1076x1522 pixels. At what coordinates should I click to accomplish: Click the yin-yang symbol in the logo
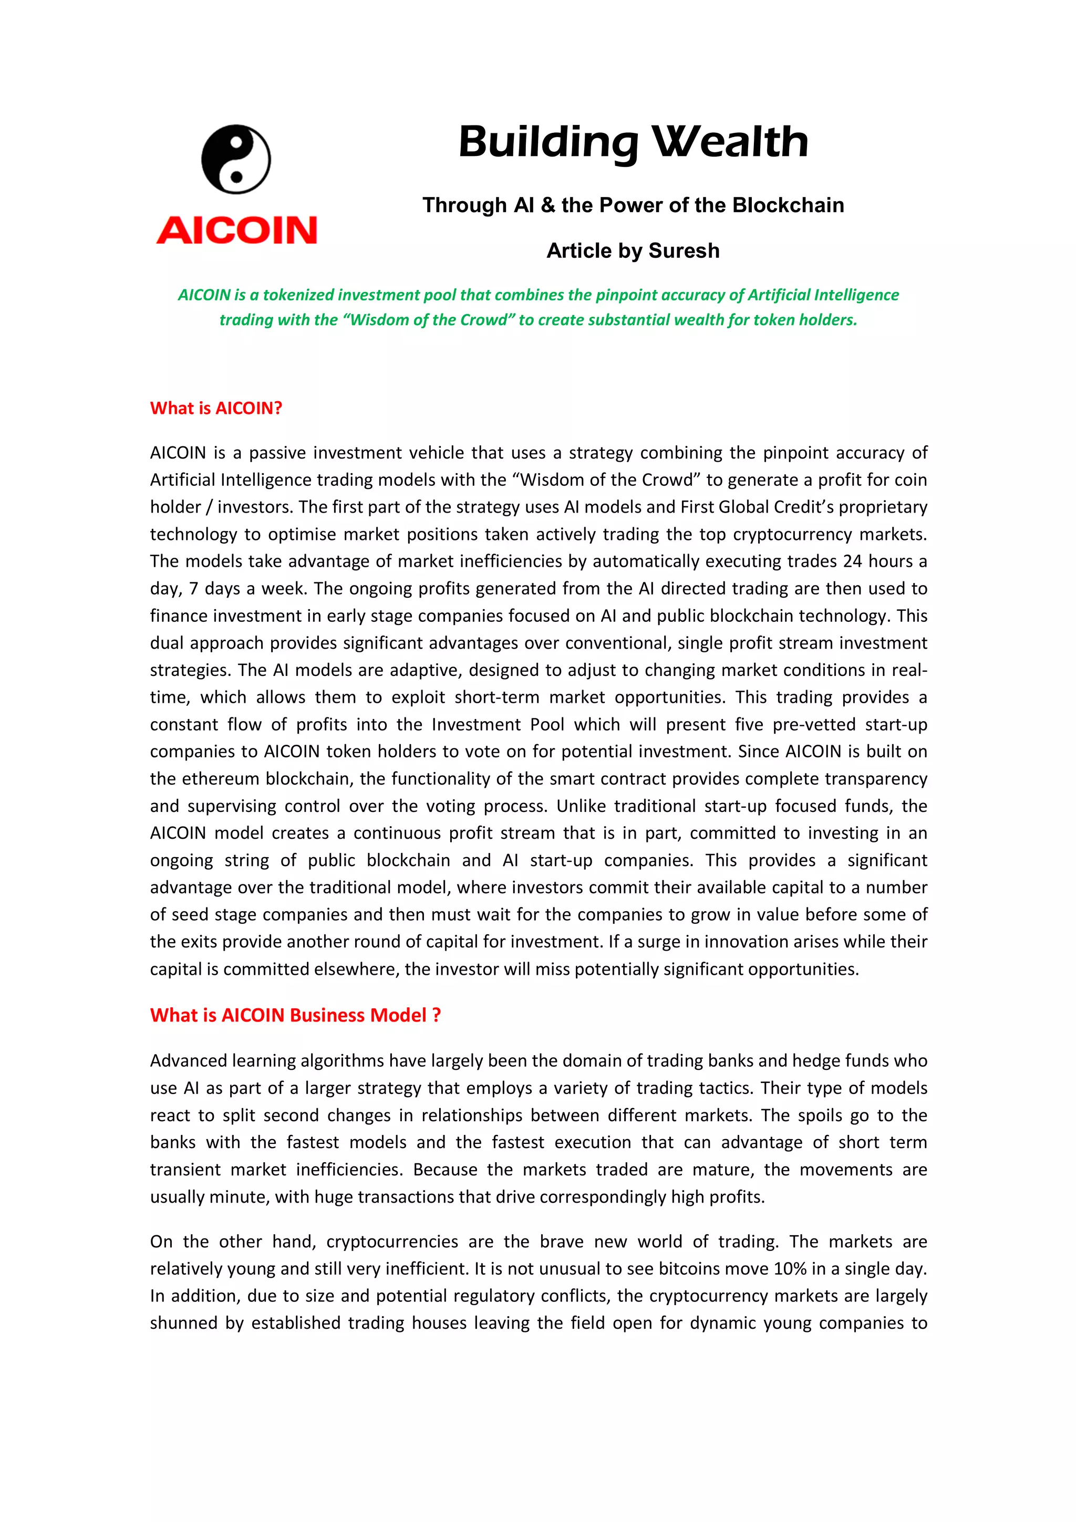point(236,159)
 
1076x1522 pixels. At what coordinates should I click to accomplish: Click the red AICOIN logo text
point(236,230)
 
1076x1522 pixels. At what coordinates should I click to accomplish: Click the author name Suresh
point(684,251)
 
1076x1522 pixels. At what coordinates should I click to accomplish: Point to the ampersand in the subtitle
point(547,205)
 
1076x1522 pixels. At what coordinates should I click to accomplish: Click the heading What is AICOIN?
point(216,409)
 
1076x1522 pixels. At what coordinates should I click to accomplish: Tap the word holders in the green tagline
point(831,320)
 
